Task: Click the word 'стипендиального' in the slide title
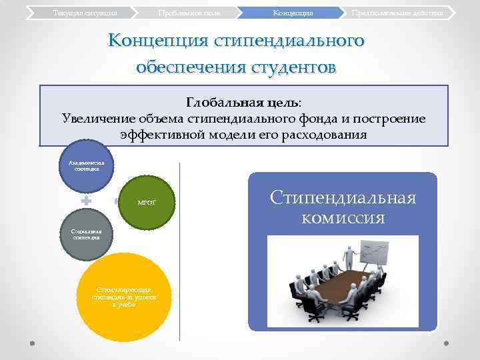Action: [x=289, y=41]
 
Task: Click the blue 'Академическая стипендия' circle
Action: [x=87, y=165]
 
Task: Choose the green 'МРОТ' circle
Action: [x=146, y=201]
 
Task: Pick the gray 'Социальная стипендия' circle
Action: [x=87, y=235]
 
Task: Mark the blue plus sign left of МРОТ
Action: [x=86, y=200]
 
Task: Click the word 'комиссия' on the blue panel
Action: [x=343, y=217]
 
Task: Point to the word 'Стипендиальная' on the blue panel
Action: [x=343, y=197]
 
